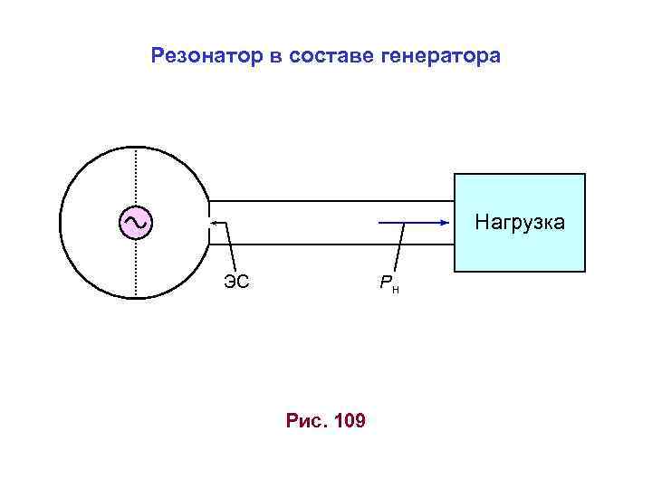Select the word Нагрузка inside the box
click(x=520, y=222)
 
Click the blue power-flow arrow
click(x=412, y=222)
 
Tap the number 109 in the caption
click(x=350, y=421)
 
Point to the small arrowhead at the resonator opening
click(x=211, y=222)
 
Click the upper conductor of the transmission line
click(x=331, y=200)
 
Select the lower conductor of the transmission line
click(x=331, y=244)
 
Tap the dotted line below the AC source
click(x=136, y=268)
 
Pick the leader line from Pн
click(x=398, y=249)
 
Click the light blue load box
click(x=520, y=249)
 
